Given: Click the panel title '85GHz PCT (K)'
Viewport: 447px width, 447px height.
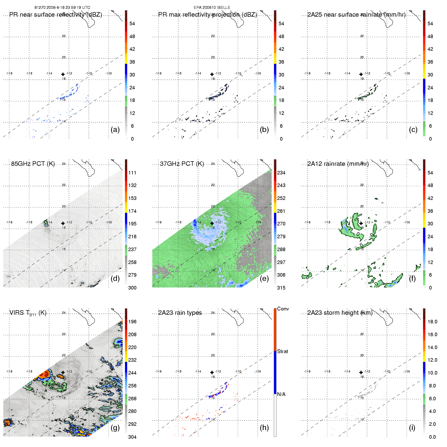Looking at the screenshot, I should pos(33,164).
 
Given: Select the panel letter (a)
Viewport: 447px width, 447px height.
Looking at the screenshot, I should pos(115,129).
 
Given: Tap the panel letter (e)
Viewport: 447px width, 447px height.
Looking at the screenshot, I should pos(264,278).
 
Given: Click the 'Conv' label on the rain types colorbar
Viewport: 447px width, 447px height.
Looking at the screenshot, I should pos(283,309).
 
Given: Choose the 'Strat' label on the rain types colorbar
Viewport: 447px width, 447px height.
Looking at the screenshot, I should pos(282,351).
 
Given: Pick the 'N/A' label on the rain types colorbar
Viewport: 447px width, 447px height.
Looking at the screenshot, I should pos(281,394).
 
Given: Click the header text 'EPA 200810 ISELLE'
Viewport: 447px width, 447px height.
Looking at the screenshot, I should pos(212,8).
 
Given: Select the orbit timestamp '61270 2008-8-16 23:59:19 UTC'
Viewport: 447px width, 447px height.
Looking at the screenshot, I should pos(62,8).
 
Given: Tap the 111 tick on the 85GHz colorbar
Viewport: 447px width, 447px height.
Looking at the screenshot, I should pos(132,173).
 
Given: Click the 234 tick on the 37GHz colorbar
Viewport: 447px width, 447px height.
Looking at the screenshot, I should pos(281,173).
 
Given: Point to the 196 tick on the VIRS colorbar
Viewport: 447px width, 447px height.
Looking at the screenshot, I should pos(132,322).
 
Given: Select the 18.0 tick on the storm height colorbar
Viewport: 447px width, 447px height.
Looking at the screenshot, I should pos(432,322).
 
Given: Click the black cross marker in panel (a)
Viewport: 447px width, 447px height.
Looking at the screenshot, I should pos(63,74).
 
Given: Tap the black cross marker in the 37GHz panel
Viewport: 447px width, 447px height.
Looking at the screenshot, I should pos(212,223).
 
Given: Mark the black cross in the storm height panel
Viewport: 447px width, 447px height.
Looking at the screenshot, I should pos(361,372).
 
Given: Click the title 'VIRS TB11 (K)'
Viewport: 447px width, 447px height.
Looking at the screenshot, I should pos(28,313).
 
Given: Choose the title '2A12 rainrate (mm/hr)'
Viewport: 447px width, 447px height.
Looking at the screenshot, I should pos(338,164).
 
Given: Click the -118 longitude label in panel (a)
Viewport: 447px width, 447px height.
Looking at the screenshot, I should pos(9,73).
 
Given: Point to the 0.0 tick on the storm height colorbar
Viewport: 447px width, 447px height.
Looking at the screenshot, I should pos(432,437).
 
